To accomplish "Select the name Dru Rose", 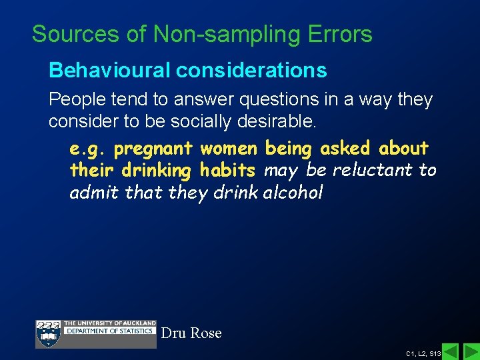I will point(191,333).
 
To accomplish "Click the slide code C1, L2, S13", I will point(423,352).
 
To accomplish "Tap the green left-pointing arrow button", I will point(451,351).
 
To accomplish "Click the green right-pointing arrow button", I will point(470,351).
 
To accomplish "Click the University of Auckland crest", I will point(48,333).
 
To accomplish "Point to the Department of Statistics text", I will point(109,331).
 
